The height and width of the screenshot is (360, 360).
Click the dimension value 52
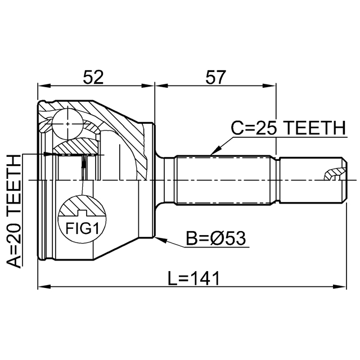pos(93,77)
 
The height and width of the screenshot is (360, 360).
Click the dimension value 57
pos(215,77)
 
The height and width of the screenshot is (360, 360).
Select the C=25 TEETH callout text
pos(289,128)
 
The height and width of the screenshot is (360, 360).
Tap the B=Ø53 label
pos(215,238)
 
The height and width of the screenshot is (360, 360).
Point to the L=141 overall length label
pos(193,278)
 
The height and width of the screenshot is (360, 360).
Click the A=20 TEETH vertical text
pos(14,211)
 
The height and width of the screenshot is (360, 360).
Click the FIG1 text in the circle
pos(82,228)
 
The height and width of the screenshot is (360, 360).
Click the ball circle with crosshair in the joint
pos(67,124)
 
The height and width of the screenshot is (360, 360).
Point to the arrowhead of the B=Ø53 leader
pos(161,240)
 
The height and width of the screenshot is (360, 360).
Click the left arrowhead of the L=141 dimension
pos(44,287)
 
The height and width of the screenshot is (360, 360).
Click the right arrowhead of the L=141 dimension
pos(339,287)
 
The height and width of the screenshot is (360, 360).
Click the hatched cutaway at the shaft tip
pos(335,173)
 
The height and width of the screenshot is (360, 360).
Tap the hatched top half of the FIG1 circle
pos(82,205)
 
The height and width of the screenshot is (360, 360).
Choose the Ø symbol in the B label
pos(217,238)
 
